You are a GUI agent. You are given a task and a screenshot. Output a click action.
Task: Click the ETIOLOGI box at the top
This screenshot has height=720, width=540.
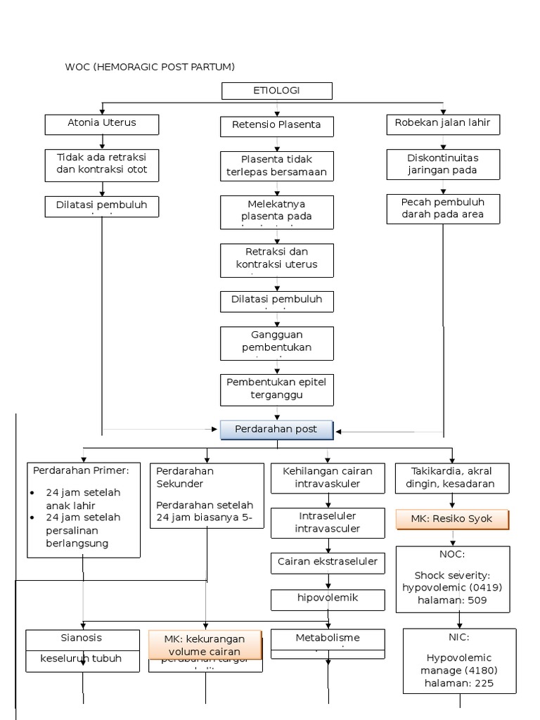click(x=277, y=91)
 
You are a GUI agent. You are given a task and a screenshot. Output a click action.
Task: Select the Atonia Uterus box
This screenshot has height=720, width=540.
click(x=102, y=124)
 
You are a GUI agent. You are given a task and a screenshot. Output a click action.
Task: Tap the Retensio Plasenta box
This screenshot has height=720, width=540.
click(x=276, y=126)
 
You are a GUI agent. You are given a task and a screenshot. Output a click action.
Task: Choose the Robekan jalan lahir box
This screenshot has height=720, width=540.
click(x=443, y=124)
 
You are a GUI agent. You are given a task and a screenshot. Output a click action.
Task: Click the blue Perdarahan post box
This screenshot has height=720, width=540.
click(x=277, y=430)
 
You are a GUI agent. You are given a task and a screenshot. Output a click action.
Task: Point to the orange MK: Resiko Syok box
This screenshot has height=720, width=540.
click(x=451, y=520)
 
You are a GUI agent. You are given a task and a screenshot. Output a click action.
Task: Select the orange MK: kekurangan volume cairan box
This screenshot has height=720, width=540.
click(x=205, y=644)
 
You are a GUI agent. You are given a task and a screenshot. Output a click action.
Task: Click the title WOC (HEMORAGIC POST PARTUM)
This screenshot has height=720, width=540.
click(x=150, y=67)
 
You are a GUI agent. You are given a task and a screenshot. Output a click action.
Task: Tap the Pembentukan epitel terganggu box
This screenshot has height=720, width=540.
click(x=276, y=389)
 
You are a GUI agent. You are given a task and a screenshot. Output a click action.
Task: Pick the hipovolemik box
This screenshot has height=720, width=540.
click(x=328, y=599)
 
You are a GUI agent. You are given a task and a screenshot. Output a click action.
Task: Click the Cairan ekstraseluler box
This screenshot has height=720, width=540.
click(x=328, y=562)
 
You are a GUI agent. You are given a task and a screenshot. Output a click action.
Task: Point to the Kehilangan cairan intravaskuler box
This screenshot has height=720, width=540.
click(x=328, y=477)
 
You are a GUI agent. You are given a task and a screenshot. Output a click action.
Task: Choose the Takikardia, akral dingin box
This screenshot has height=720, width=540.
click(x=452, y=477)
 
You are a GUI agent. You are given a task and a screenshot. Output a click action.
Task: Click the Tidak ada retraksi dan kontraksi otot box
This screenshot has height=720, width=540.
click(x=103, y=164)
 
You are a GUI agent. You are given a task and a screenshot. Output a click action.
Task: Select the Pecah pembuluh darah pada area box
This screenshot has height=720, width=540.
click(x=443, y=209)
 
